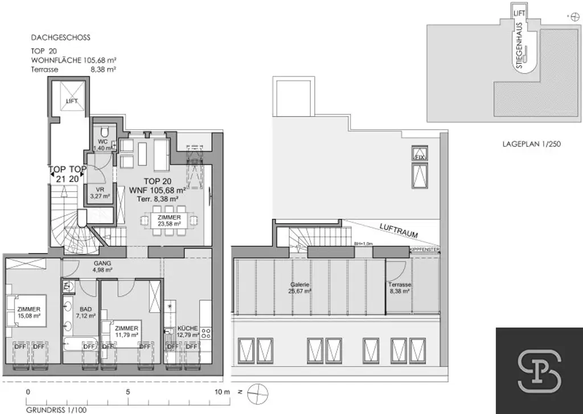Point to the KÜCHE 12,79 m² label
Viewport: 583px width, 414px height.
[x=187, y=331]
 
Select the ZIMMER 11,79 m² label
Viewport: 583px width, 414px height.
[x=126, y=331]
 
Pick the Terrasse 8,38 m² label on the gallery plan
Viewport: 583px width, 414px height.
[x=400, y=287]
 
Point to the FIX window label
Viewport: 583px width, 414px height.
[x=420, y=155]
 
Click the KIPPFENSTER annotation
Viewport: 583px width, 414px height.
[x=424, y=249]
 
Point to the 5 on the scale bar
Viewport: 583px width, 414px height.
[x=128, y=392]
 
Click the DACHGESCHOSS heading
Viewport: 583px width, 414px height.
[x=60, y=38]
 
